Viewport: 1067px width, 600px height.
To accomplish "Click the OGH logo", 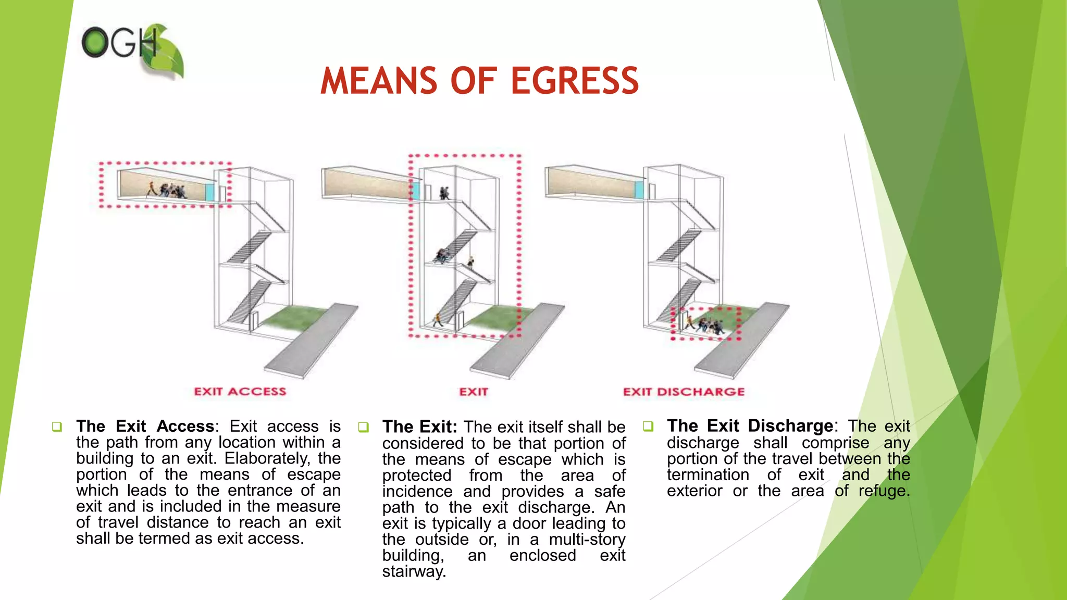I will (132, 50).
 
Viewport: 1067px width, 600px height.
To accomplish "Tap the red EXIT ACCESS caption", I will (240, 392).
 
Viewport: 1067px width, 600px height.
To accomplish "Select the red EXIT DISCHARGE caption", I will (684, 392).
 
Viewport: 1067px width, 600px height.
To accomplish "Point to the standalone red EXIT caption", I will (473, 392).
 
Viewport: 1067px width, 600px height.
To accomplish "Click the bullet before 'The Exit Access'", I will (57, 427).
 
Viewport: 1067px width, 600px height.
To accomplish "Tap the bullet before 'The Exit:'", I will (363, 428).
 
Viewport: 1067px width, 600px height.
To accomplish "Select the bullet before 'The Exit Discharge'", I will (648, 427).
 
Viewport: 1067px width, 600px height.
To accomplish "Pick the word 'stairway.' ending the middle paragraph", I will (414, 571).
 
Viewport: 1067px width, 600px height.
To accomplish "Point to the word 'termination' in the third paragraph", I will (708, 474).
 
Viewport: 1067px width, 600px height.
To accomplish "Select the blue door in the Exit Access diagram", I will (210, 192).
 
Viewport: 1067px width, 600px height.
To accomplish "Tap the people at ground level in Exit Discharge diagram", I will (706, 325).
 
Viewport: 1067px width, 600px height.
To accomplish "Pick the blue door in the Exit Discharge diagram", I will (639, 190).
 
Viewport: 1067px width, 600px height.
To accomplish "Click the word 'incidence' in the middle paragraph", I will (417, 491).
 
